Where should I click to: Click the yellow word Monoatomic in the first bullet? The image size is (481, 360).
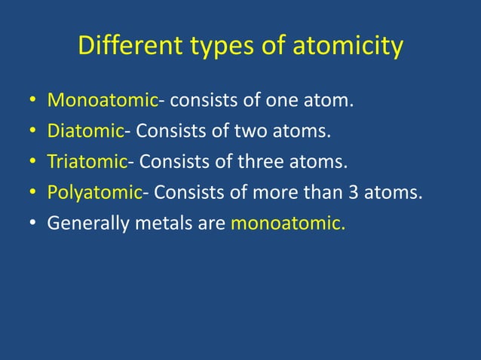103,100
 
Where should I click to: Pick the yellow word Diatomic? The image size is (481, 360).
85,131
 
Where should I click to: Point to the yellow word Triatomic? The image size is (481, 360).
87,162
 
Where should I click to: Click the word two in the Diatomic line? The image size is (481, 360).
245,132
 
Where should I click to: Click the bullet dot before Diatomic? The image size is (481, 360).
33,132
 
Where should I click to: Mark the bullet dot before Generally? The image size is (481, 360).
33,224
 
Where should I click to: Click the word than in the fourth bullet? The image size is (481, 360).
317,193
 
